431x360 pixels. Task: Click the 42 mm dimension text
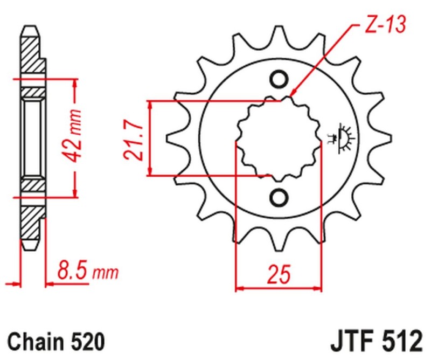point(75,137)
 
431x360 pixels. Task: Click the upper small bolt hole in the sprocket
point(279,80)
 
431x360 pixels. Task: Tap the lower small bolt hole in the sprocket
point(279,197)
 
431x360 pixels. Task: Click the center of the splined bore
point(279,139)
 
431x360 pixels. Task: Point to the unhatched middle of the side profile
point(32,137)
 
